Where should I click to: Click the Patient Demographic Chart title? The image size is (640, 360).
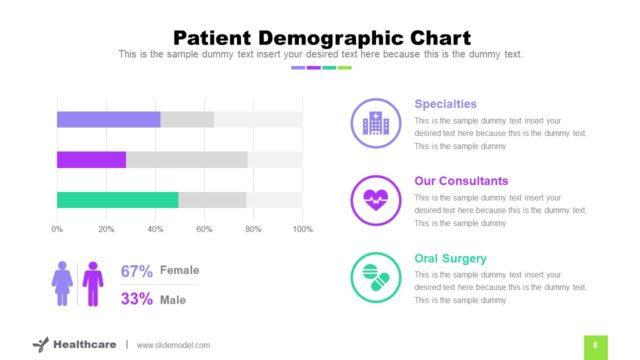[320, 36]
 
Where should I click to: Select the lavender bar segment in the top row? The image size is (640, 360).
[108, 120]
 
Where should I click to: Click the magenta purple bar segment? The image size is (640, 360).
[91, 160]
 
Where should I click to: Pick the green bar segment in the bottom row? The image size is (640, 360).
[117, 200]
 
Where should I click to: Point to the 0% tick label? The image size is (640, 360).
[57, 229]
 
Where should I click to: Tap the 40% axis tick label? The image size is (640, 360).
[155, 229]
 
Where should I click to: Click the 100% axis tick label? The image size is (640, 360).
[301, 229]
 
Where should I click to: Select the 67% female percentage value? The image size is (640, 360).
[137, 271]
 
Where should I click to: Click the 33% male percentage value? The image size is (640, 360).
[137, 298]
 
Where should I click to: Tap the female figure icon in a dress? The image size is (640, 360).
[62, 284]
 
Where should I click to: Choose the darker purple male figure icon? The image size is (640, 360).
[93, 284]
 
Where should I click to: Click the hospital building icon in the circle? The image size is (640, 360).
[376, 123]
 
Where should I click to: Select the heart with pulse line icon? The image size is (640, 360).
[376, 200]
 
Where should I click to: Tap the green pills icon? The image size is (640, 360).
[376, 277]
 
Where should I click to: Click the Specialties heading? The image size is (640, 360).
[445, 104]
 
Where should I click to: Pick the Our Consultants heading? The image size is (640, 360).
[461, 181]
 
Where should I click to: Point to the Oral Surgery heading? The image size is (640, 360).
[450, 258]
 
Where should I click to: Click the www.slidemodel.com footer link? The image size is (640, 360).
[173, 345]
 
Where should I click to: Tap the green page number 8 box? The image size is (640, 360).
[595, 345]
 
